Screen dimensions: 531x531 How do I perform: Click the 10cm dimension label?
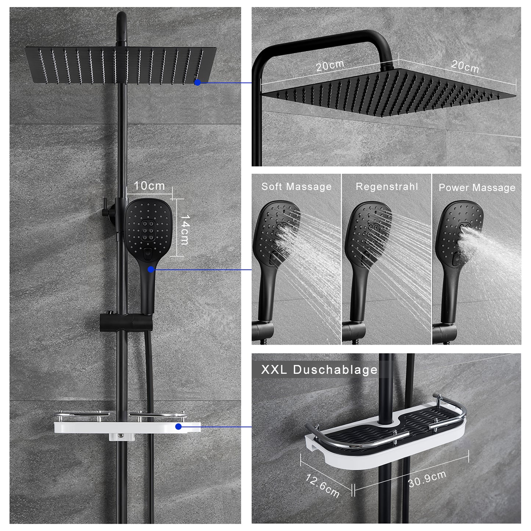[x=149, y=186]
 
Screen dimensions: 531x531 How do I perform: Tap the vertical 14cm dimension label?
[x=184, y=230]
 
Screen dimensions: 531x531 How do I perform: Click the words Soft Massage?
[x=297, y=187]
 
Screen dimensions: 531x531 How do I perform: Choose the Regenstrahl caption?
[x=387, y=187]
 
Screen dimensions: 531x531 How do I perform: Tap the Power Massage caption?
[x=477, y=188]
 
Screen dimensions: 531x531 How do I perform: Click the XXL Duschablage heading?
[x=319, y=370]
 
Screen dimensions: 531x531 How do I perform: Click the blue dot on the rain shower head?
[x=197, y=82]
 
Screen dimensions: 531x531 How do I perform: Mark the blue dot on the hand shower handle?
[x=151, y=269]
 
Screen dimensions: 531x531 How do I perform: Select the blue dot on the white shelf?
[x=178, y=427]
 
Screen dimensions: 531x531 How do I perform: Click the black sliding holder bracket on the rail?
[x=126, y=322]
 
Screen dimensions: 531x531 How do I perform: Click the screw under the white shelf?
[x=121, y=436]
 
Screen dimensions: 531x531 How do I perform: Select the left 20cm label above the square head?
[x=330, y=65]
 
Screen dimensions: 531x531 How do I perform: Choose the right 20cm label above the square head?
[x=464, y=67]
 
